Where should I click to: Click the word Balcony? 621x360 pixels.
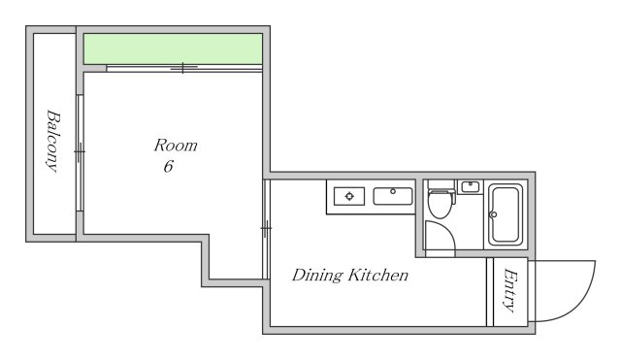coord(52,141)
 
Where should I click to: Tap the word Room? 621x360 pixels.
coord(176,146)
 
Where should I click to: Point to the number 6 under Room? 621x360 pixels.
coord(168,166)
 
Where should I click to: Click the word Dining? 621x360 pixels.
coord(317,276)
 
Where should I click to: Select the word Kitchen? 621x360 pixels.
coord(378,275)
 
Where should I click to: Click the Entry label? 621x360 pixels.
coord(510,290)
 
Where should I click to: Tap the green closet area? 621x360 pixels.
coord(173,49)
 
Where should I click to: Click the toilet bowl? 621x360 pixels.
coord(440,205)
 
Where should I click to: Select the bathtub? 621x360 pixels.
coord(506,214)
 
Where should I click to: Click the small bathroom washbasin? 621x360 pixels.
coord(470,187)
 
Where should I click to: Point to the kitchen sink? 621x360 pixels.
coord(393,196)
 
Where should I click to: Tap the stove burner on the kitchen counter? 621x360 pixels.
coord(349,196)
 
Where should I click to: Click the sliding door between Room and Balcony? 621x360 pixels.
coord(80,152)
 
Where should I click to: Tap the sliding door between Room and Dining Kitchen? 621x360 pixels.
coord(266,229)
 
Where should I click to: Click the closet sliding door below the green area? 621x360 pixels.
coord(184,68)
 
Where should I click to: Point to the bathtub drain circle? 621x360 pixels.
coord(494,215)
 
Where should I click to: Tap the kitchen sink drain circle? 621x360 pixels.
coord(393,192)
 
